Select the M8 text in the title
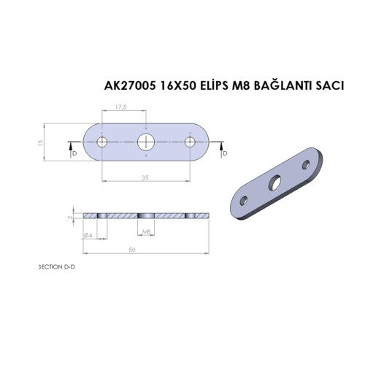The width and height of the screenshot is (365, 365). pos(247,86)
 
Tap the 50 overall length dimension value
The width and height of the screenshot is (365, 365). pos(132,249)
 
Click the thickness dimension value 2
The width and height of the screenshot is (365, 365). pos(69,217)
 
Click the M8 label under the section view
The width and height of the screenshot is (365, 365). pos(147,232)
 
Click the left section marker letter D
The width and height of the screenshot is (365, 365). pos(73,153)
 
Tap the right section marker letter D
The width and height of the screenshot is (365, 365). pos(224,153)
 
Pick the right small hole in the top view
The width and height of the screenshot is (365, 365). pos(193,141)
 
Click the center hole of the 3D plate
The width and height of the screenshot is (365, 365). pos(277,182)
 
